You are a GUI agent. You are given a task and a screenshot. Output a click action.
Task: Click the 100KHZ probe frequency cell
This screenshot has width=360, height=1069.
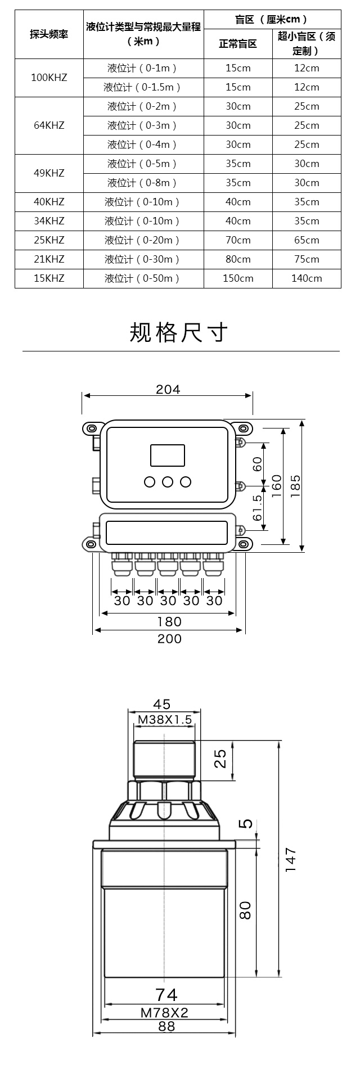click(x=49, y=78)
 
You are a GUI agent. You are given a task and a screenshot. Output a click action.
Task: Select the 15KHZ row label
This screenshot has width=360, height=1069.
click(x=49, y=278)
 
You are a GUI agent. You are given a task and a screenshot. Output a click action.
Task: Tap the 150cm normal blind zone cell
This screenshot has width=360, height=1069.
click(x=238, y=278)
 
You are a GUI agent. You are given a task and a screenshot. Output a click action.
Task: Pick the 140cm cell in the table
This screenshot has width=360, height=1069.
click(x=307, y=278)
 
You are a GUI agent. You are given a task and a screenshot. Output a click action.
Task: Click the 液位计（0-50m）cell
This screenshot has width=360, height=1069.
click(x=142, y=278)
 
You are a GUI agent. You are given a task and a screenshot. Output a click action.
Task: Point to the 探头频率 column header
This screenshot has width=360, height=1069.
click(x=49, y=34)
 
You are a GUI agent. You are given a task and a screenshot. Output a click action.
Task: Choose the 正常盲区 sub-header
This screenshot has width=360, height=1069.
click(x=238, y=43)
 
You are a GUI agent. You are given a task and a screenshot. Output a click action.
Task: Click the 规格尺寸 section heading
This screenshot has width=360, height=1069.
click(x=179, y=333)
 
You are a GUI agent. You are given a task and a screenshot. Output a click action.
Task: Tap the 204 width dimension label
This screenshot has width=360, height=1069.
click(x=168, y=389)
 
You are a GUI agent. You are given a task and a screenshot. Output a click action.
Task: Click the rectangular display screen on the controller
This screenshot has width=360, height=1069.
click(x=168, y=455)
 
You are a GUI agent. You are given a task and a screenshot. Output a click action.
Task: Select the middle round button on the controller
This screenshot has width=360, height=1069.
click(x=168, y=481)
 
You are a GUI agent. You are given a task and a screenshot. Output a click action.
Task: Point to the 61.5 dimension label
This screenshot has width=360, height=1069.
click(x=258, y=507)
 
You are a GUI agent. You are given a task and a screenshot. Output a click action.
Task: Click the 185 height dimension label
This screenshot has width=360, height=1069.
click(x=295, y=485)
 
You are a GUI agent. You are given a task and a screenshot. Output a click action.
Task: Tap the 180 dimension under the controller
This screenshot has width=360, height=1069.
click(x=169, y=621)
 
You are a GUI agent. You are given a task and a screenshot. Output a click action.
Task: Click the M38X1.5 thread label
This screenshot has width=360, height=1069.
click(x=165, y=719)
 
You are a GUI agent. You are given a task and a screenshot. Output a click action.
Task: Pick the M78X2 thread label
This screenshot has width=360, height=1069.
click(x=164, y=1013)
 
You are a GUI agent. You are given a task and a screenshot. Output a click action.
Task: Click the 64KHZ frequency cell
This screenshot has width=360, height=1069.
click(x=49, y=125)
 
